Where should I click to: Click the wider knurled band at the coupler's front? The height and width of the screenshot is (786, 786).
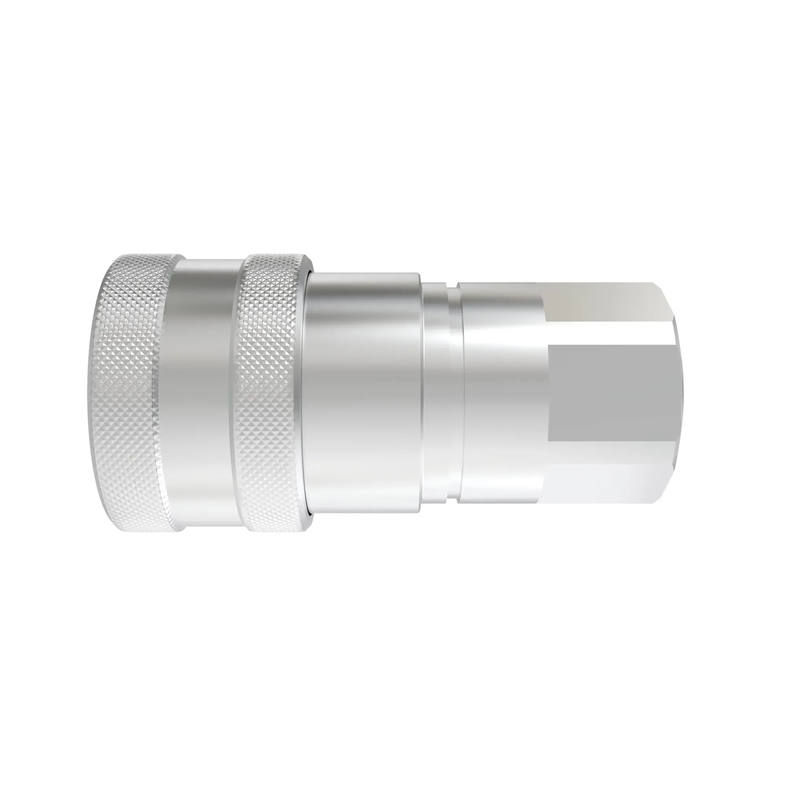(126, 393)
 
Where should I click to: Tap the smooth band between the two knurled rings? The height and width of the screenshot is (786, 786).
(204, 393)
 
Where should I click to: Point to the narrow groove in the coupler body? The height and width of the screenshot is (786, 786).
(452, 393)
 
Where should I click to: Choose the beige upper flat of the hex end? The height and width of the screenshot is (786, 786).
(602, 301)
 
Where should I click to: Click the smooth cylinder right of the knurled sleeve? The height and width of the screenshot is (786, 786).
(362, 393)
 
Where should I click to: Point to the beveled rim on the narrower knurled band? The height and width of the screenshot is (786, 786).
(307, 393)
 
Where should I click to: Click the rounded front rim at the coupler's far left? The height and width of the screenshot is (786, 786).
(90, 393)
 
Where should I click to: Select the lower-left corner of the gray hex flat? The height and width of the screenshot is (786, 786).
(549, 441)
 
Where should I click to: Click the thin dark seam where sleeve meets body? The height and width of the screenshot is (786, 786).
(312, 393)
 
